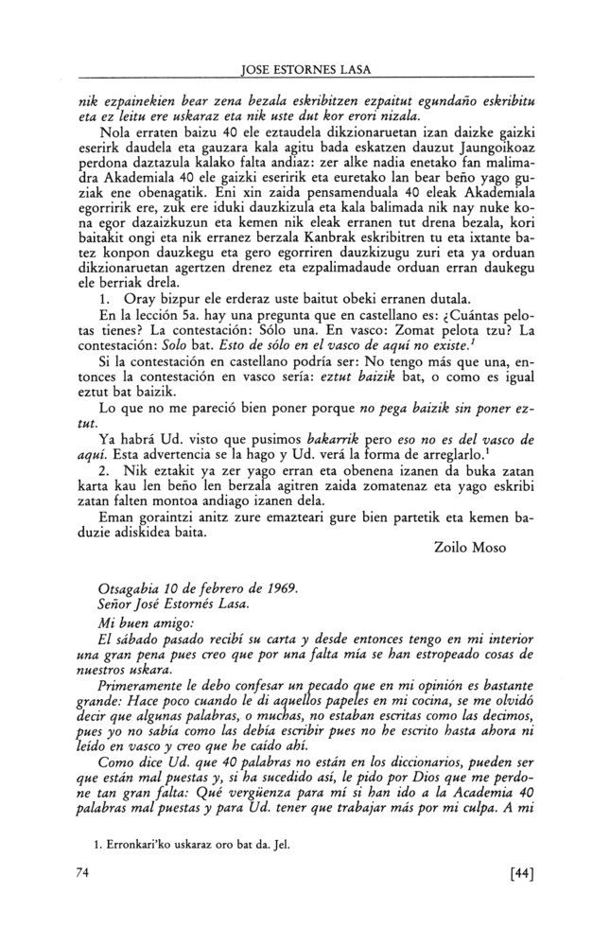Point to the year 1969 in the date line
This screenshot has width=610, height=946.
[x=279, y=587]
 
